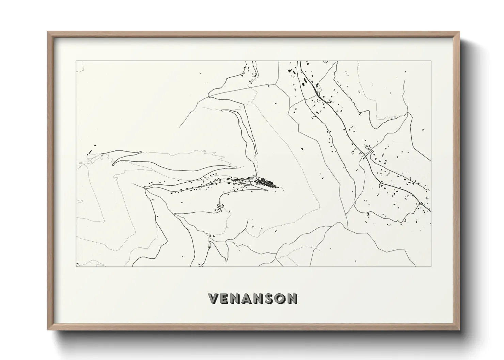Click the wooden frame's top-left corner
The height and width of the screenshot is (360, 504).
[48, 32]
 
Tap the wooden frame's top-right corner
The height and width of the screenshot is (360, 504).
[459, 32]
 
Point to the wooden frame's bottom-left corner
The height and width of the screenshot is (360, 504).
[48, 329]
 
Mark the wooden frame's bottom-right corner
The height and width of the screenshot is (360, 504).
[459, 329]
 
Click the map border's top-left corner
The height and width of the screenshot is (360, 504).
[76, 61]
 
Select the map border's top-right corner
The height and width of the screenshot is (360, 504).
[431, 61]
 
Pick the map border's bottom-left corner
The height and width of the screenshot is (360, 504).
[76, 267]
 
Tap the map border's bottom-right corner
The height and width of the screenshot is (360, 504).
[431, 267]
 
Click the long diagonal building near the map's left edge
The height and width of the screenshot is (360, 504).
[91, 150]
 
